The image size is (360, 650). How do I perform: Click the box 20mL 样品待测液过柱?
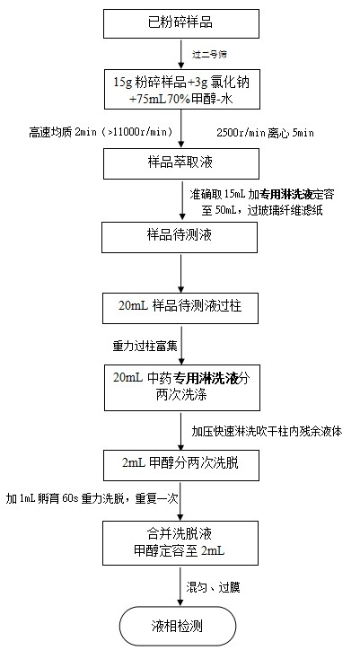click(x=181, y=307)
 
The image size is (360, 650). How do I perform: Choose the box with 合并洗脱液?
click(x=181, y=542)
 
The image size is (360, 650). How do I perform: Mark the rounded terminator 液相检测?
click(x=181, y=627)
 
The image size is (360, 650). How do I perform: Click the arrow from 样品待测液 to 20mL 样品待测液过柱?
click(x=181, y=272)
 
